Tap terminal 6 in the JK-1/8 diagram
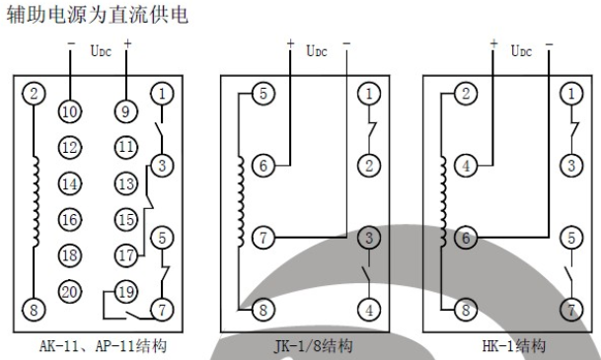[263, 167]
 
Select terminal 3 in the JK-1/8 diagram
[368, 239]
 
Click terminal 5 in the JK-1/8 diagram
[263, 95]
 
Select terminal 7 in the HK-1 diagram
[569, 311]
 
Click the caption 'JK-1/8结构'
[315, 346]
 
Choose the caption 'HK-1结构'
[515, 346]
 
